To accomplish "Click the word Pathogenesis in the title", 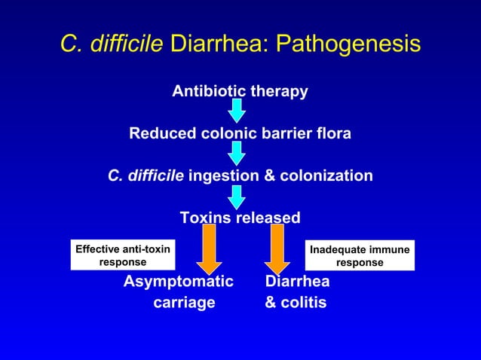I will [348, 44].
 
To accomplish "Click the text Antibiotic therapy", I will [240, 92].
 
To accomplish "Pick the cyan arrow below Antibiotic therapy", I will [237, 111].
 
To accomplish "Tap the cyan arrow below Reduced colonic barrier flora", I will [237, 154].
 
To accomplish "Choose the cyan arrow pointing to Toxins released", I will [237, 196].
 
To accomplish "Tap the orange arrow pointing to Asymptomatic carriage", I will [209, 249].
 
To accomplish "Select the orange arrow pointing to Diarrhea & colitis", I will [277, 249].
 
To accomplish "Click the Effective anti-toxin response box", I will [122, 255].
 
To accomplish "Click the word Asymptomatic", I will [179, 282].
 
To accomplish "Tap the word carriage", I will [184, 303].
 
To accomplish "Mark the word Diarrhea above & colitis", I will [297, 282].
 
